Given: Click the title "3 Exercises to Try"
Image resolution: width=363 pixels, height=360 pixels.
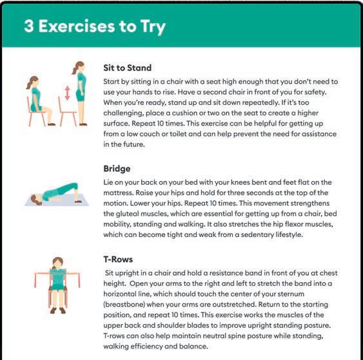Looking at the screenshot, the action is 95,26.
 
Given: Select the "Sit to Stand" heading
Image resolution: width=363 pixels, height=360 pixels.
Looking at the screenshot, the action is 127,68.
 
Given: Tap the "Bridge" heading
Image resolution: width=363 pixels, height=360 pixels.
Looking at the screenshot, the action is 117,169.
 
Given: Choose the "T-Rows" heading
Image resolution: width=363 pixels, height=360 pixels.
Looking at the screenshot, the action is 118,259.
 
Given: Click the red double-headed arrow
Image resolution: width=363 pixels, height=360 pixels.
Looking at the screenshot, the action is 67,93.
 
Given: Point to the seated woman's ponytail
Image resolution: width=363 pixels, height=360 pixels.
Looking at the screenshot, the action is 30,84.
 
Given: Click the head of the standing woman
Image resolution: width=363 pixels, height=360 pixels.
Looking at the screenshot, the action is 79,67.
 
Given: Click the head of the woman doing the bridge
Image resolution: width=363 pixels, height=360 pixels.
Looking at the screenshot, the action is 35,200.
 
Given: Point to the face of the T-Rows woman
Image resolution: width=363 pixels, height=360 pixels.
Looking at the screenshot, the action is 57,263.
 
